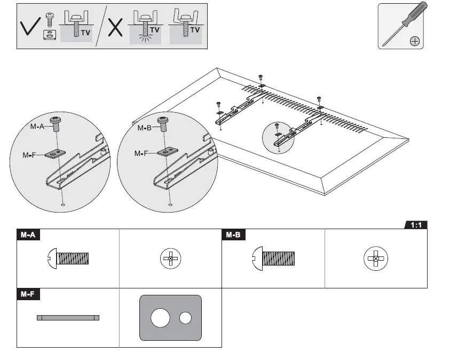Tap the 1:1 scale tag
tap(416, 225)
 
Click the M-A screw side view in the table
tap(68, 259)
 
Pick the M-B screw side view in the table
tap(273, 259)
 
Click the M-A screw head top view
tap(170, 259)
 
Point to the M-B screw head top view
tap(376, 259)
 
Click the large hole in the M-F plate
tap(160, 318)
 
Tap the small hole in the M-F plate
tap(185, 318)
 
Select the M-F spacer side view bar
tap(68, 318)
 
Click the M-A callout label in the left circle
tap(37, 127)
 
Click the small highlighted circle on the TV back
tap(279, 137)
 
